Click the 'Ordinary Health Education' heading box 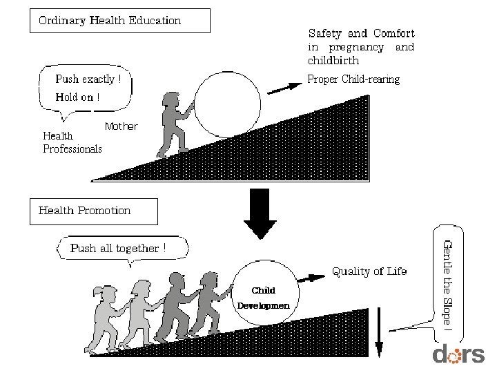click(119, 21)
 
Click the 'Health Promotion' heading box click(93, 211)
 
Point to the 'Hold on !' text click(77, 97)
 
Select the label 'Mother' click(121, 126)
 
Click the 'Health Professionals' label click(72, 142)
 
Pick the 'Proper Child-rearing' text click(353, 79)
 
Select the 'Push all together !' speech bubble click(117, 249)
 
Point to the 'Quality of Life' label click(369, 271)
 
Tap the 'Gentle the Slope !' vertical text click(447, 283)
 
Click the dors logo click(458, 354)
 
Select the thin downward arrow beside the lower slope click(378, 334)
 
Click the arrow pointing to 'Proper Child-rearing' click(284, 87)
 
